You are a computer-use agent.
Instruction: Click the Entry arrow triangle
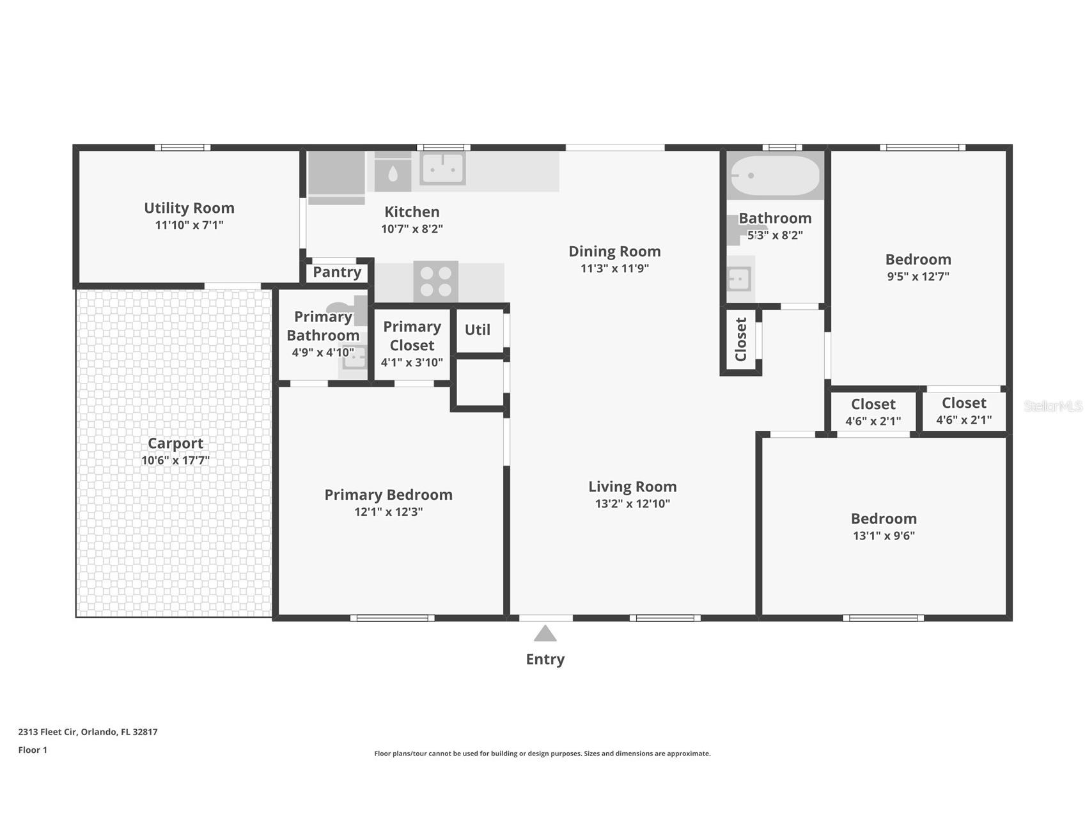click(x=545, y=633)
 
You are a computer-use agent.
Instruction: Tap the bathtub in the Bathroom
click(x=775, y=175)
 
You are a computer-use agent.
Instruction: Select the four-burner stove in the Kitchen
click(x=435, y=281)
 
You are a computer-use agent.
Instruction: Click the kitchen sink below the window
click(x=442, y=168)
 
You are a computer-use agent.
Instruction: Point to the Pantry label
click(x=337, y=272)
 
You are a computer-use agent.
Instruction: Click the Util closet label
click(x=477, y=330)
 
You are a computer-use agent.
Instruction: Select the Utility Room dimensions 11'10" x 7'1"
click(x=189, y=225)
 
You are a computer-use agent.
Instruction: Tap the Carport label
click(x=175, y=444)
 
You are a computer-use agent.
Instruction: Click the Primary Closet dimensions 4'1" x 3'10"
click(x=412, y=362)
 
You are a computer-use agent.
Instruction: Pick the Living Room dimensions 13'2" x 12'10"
click(x=632, y=504)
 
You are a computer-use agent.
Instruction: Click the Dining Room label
click(x=614, y=252)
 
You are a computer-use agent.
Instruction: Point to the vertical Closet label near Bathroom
click(x=741, y=339)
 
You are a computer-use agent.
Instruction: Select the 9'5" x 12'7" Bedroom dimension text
click(x=918, y=277)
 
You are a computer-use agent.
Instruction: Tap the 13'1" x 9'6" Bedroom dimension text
click(x=884, y=536)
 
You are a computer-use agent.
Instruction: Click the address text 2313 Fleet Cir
click(x=48, y=732)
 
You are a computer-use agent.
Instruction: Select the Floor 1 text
click(x=33, y=750)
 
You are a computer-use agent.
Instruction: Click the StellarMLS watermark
click(x=1053, y=406)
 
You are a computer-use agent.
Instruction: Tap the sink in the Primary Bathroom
click(x=354, y=357)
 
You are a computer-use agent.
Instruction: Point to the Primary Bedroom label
click(x=388, y=495)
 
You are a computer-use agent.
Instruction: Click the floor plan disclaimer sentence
click(x=542, y=754)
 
